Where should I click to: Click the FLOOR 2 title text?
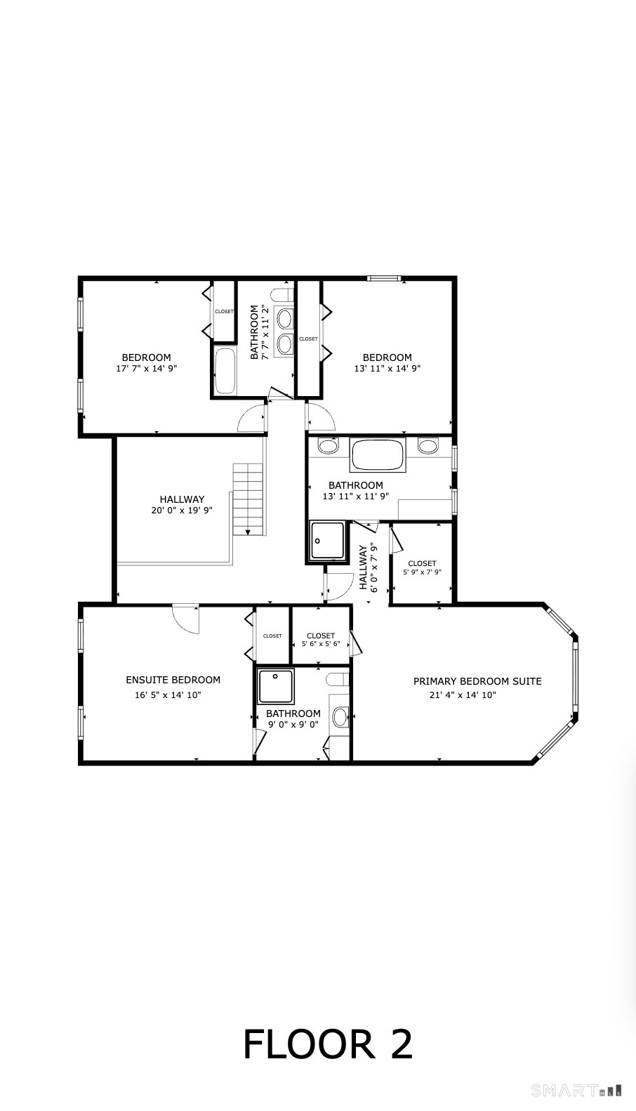[x=327, y=1044]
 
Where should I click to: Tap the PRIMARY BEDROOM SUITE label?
[x=477, y=681]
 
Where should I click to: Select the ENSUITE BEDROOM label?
[x=173, y=679]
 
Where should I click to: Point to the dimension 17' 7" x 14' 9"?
[x=146, y=368]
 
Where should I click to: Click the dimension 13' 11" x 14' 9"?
[x=387, y=368]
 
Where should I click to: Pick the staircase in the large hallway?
[x=249, y=499]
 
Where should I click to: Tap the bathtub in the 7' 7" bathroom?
[x=225, y=371]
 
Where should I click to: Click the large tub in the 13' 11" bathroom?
[x=378, y=454]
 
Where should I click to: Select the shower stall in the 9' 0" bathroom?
[x=275, y=686]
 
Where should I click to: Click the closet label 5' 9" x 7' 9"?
[x=421, y=572]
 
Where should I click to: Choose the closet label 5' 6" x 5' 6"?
[x=320, y=643]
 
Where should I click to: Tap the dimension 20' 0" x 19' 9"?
[x=181, y=511]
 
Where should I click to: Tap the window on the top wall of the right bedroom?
[x=384, y=279]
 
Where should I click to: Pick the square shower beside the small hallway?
[x=327, y=541]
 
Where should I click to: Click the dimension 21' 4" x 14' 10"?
[x=463, y=695]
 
